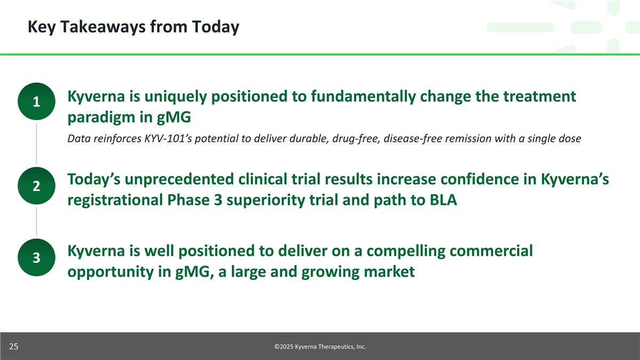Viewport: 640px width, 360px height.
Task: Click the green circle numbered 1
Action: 36,101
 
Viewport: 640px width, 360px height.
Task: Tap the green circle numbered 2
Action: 36,186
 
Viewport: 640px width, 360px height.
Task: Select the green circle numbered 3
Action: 36,258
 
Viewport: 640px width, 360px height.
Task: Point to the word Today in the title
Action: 215,27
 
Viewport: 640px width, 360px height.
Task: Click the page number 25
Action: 14,347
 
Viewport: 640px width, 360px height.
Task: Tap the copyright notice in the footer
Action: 320,347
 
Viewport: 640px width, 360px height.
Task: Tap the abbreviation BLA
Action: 443,200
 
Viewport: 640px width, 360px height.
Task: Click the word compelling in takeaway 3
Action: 406,251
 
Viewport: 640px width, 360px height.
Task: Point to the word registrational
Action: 115,201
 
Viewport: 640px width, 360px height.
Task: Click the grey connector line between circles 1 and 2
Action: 36,143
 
